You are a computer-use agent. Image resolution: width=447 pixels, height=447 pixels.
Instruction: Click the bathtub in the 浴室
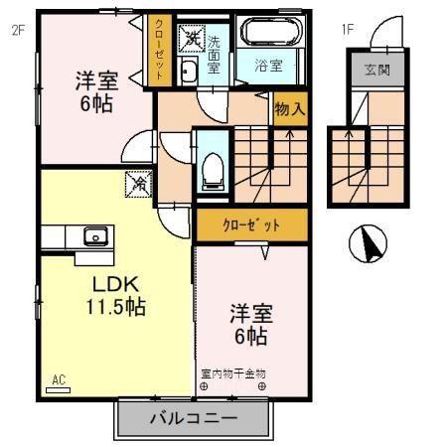click(269, 32)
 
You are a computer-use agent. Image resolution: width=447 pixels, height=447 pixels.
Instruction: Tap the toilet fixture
click(213, 172)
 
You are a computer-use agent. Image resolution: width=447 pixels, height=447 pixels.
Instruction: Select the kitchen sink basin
click(95, 236)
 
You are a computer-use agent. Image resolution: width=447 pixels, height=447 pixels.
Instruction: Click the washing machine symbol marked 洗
click(190, 39)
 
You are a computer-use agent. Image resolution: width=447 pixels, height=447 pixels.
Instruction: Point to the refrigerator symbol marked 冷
click(138, 184)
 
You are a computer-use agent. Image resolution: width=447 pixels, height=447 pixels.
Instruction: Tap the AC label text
click(59, 379)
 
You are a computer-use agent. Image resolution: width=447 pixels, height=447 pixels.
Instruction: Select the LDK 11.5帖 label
click(116, 295)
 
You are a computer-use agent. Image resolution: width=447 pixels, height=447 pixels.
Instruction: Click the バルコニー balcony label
click(194, 418)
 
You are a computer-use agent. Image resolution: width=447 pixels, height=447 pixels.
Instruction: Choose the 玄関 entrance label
click(377, 70)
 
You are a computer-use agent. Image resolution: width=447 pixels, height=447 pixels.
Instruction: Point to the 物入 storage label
click(290, 109)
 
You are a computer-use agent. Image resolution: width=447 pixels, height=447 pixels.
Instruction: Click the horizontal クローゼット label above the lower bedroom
click(251, 225)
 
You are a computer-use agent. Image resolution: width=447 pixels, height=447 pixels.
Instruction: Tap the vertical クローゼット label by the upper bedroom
click(159, 50)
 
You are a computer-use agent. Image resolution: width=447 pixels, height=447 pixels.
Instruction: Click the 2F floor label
click(19, 31)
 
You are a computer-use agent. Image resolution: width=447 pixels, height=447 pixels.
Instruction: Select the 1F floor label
click(348, 30)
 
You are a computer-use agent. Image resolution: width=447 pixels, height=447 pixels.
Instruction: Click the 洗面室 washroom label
click(214, 55)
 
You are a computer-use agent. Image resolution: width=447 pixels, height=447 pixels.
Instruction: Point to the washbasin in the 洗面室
click(188, 70)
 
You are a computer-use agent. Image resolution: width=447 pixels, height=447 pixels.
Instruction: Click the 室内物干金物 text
click(233, 373)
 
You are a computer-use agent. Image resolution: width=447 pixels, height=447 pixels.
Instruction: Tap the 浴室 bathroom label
click(268, 66)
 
